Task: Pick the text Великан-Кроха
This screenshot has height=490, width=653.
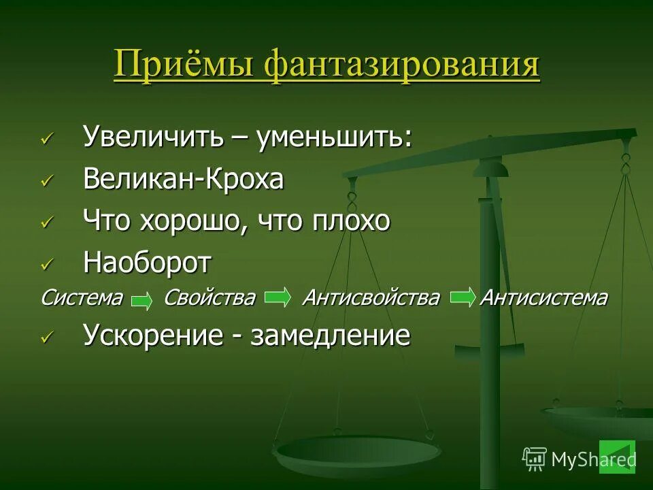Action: pyautogui.click(x=183, y=180)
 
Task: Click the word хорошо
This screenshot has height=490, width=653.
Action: pyautogui.click(x=195, y=221)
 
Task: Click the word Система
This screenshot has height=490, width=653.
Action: pyautogui.click(x=82, y=298)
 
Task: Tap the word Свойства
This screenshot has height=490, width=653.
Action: pyautogui.click(x=209, y=298)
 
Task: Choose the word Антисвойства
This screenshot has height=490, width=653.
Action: pyautogui.click(x=371, y=298)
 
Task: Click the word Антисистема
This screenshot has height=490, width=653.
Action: pyautogui.click(x=543, y=298)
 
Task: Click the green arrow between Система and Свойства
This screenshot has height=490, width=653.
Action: pyautogui.click(x=141, y=301)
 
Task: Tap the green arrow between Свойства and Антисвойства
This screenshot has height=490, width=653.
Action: pyautogui.click(x=277, y=297)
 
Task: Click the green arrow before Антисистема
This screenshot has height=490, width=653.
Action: pyautogui.click(x=463, y=297)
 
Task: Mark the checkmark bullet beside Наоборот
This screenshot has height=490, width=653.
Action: pyautogui.click(x=46, y=265)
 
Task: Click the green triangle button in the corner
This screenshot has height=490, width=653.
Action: pyautogui.click(x=617, y=457)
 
